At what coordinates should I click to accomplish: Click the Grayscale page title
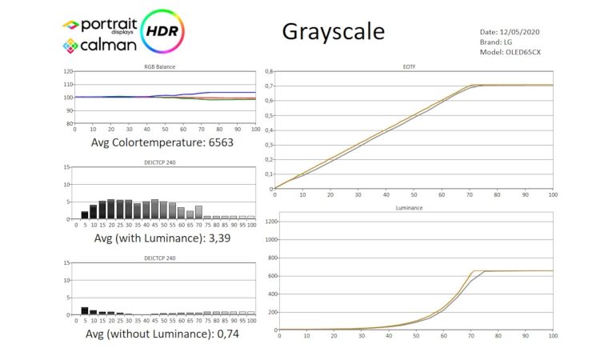(x=333, y=32)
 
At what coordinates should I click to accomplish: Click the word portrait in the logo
(x=106, y=25)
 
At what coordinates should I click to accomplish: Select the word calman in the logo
(x=108, y=46)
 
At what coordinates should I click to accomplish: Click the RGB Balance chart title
(x=159, y=67)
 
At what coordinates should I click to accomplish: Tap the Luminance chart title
(x=412, y=207)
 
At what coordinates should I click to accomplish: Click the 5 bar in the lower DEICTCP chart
(x=85, y=310)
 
